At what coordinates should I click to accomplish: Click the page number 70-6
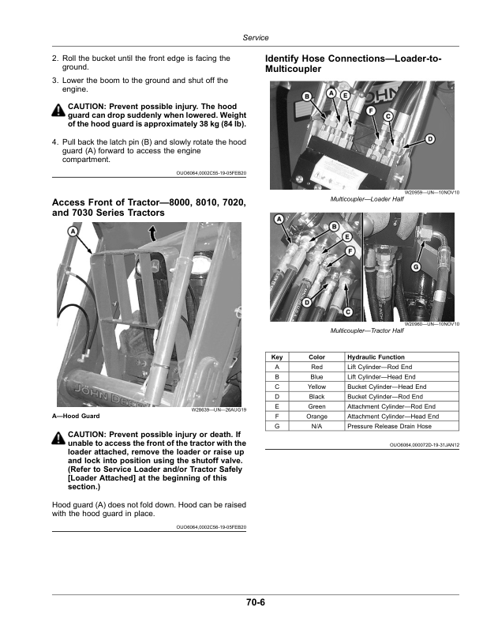[x=254, y=603]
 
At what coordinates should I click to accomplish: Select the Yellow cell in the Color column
[x=316, y=387]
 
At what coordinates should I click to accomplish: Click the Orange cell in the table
[x=316, y=416]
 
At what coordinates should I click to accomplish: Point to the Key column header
[x=276, y=357]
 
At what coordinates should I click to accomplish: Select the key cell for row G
[x=276, y=426]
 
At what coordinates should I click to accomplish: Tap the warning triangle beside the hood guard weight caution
[x=59, y=111]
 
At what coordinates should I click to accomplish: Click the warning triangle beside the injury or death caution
[x=59, y=438]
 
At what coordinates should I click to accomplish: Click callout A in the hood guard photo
[x=73, y=232]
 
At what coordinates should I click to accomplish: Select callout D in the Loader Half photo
[x=430, y=139]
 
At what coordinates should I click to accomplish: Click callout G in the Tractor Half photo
[x=415, y=266]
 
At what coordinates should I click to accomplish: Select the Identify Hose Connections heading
[x=353, y=64]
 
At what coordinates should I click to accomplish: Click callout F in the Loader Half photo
[x=370, y=111]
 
